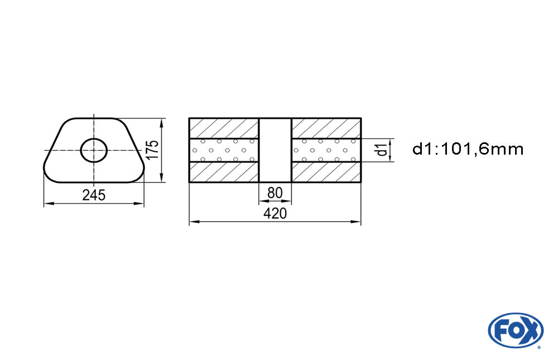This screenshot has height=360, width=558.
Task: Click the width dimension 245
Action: tap(93, 195)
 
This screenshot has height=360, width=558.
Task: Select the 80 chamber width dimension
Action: tap(275, 193)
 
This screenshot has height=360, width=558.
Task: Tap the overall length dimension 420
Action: tap(275, 214)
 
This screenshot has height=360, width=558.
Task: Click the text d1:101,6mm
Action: tap(468, 149)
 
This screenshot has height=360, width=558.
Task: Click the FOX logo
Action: tap(515, 330)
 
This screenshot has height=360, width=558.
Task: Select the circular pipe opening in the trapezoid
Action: tap(94, 150)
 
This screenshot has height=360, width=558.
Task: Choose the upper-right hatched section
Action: tap(326, 128)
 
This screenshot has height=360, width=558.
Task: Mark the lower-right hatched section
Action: tap(326, 172)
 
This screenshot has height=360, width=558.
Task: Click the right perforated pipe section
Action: tap(326, 150)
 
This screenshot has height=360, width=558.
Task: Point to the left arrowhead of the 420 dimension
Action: tap(193, 222)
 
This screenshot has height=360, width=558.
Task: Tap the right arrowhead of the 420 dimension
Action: tap(357, 222)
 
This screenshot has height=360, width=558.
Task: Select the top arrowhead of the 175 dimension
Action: tap(162, 122)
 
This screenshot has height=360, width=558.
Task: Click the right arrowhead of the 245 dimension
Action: tap(140, 204)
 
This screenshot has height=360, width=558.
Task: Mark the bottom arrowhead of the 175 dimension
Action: tap(162, 179)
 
